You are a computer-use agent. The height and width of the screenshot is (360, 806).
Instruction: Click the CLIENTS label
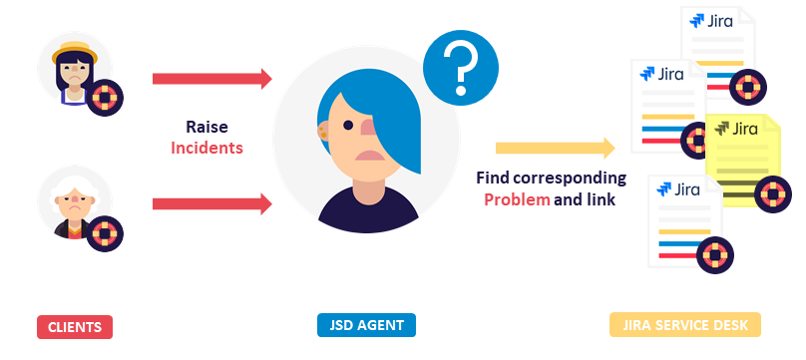tap(75, 326)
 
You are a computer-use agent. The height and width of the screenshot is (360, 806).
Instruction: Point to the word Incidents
tap(206, 148)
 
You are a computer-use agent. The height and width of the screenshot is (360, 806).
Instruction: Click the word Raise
tap(206, 127)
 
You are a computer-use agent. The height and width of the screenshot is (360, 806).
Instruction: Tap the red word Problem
tap(517, 198)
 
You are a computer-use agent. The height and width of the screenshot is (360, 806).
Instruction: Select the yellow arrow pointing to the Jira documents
tap(555, 149)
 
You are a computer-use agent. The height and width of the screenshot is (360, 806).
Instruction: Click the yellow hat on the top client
tap(74, 48)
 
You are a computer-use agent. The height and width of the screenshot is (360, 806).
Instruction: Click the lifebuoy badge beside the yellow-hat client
tap(104, 99)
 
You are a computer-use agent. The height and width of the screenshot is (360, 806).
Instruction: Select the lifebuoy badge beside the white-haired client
tap(104, 234)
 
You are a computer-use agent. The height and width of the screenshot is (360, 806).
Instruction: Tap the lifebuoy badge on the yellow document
tap(772, 191)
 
